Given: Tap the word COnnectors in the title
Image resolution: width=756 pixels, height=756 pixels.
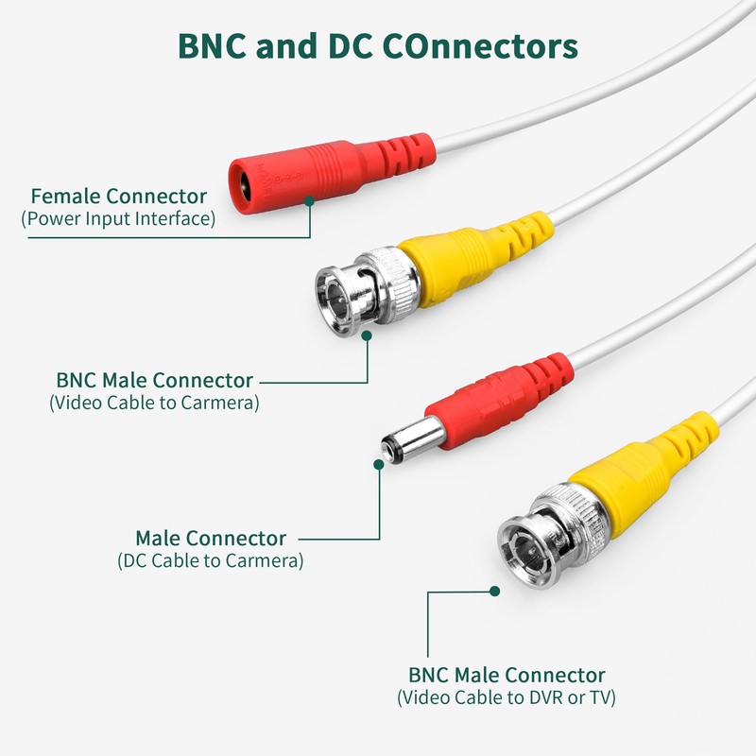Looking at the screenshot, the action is [480, 46].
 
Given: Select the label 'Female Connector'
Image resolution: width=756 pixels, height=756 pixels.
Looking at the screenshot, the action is [119, 197].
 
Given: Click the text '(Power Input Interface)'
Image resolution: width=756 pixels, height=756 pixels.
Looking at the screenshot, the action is [118, 218].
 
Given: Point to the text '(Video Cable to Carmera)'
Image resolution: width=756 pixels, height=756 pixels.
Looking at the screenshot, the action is [154, 403].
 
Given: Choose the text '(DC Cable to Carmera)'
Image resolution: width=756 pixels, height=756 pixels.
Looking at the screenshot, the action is [210, 560].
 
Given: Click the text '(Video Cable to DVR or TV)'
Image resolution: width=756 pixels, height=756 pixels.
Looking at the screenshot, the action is [507, 697].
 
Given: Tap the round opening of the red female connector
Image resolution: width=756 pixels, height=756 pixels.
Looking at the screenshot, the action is [243, 186].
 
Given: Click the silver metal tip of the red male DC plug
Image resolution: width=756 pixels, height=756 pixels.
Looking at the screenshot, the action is [412, 439].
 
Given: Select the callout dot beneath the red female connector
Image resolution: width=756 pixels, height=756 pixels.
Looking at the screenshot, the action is [310, 200].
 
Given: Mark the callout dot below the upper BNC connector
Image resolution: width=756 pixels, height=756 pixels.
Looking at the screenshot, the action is [367, 335].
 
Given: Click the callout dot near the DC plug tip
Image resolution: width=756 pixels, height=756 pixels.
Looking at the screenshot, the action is [379, 464].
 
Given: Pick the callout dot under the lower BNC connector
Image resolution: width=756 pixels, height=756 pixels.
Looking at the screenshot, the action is [494, 592].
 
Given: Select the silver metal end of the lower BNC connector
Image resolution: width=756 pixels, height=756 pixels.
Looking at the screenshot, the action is [552, 535].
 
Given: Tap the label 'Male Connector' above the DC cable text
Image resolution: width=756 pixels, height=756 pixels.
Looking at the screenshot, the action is [211, 538].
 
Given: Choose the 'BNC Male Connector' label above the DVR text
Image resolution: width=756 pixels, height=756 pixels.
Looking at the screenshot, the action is [507, 675].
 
